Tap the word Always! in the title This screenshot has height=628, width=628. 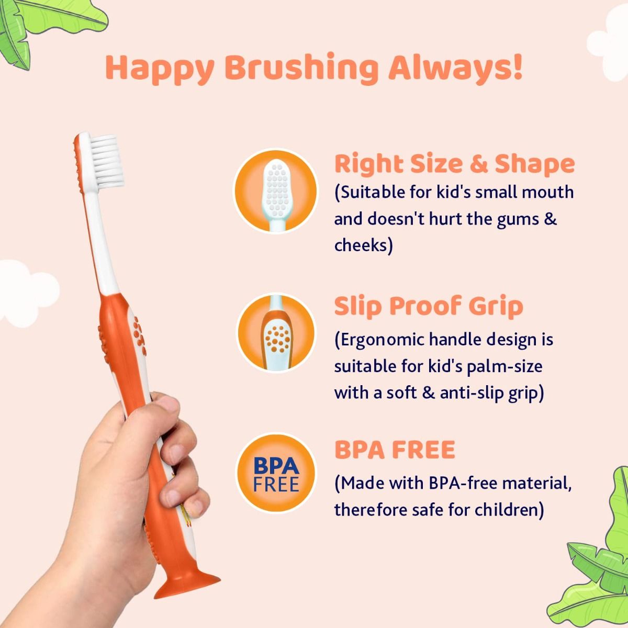455,69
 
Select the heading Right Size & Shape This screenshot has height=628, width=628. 454,164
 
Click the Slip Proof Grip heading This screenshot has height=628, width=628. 429,306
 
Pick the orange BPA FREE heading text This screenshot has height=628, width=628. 395,450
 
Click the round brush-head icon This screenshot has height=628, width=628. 275,191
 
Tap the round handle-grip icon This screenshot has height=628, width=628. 276,333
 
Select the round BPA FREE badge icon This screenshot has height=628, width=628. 276,474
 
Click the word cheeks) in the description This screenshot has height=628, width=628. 363,245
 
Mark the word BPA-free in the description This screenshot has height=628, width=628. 462,483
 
